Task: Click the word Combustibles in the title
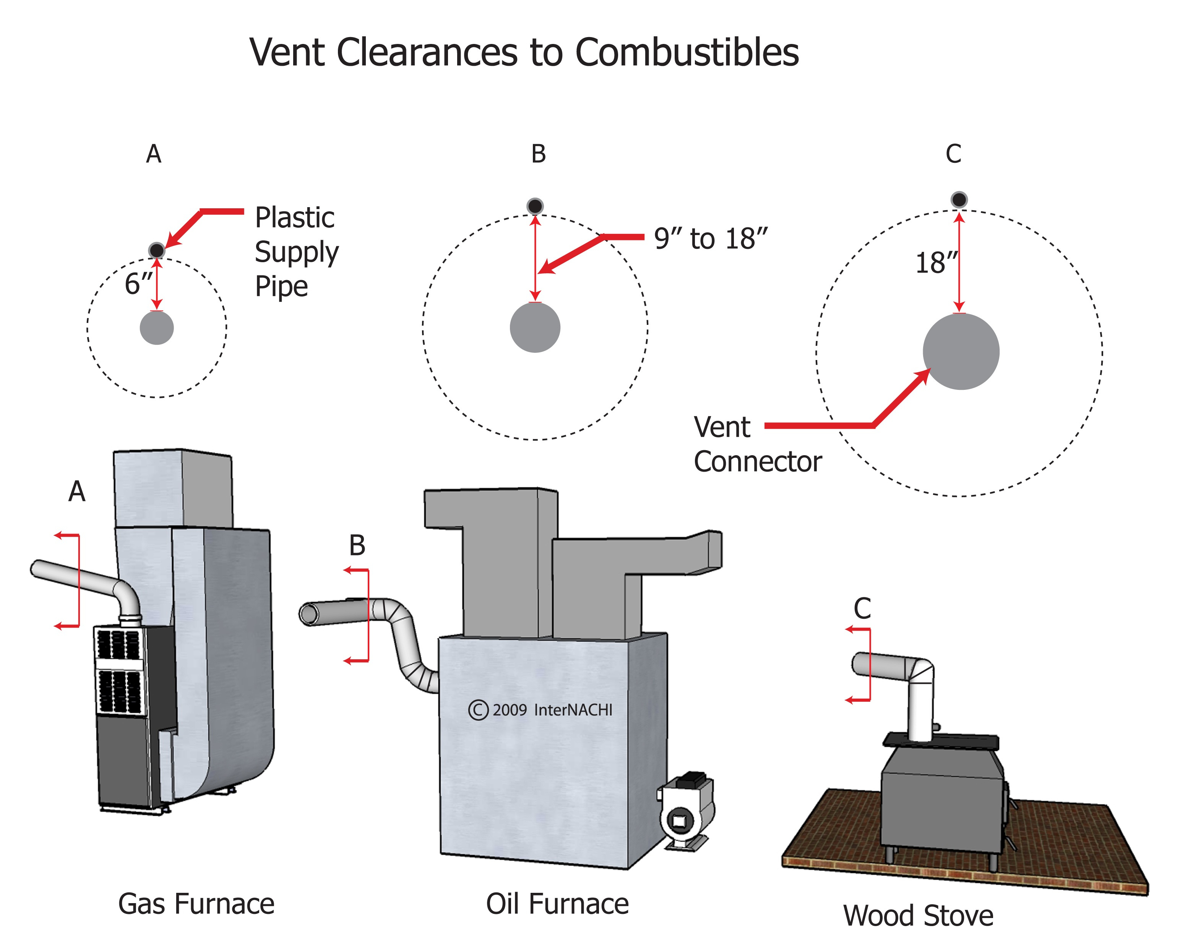[687, 53]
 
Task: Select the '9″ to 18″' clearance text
[710, 238]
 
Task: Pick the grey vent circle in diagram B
[535, 327]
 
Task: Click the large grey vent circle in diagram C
[961, 351]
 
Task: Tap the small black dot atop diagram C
[958, 199]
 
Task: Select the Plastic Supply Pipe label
[296, 252]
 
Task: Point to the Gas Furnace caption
[196, 904]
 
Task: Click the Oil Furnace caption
[557, 904]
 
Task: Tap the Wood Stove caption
[918, 916]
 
